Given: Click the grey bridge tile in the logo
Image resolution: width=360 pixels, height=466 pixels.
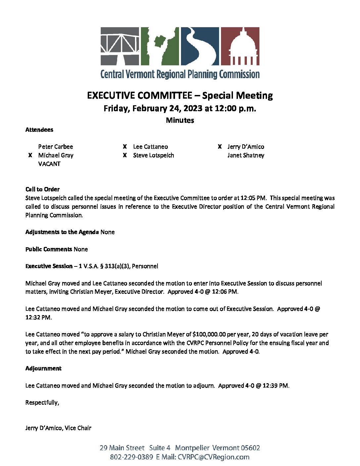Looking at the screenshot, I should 120,46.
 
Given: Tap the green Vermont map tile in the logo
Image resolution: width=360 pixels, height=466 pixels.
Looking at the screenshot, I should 160,46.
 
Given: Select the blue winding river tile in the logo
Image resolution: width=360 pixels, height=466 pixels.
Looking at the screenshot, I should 200,46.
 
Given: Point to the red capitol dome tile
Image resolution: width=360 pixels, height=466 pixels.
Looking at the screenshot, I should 240,46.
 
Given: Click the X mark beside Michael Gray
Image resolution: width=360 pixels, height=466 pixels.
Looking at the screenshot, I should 30,155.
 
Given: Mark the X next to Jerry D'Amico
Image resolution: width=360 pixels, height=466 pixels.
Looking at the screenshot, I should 220,147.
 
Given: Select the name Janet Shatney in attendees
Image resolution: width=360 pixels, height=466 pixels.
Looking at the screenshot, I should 246,155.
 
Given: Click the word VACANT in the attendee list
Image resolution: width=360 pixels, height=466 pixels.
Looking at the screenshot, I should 49,164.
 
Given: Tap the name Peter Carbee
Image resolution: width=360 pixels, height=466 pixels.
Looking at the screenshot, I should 56,147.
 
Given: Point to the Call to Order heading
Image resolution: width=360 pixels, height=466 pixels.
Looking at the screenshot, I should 42,189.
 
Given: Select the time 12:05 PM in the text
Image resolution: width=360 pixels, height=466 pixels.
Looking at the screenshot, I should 253,198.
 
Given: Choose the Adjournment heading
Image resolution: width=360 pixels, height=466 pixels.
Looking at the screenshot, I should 43,368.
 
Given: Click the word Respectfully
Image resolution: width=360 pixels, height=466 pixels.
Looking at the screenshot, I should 42,402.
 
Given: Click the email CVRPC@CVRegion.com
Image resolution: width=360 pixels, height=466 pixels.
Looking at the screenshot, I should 213,457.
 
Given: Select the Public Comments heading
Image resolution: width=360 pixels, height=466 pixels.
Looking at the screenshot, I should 49,249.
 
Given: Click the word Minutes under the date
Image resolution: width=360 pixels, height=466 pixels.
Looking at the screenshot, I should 180,120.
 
